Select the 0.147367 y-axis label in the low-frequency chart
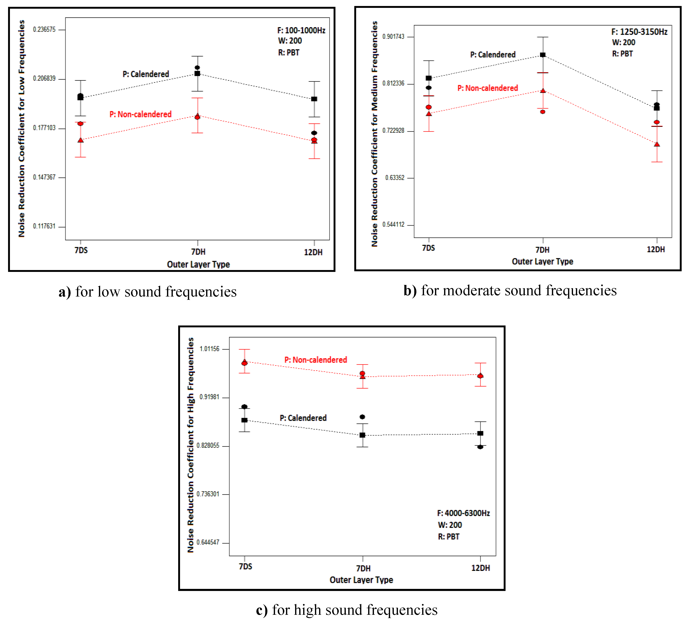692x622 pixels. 44,177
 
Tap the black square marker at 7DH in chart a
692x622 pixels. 197,73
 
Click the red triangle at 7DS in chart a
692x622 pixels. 81,140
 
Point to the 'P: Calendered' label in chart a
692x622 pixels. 146,74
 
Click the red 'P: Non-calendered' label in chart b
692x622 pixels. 488,88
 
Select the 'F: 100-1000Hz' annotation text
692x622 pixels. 301,30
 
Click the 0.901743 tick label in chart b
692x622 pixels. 393,37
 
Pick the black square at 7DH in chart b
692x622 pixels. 543,55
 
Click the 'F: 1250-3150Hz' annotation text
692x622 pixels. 639,32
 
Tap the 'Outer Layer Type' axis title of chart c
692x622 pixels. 361,580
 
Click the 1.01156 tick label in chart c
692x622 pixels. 209,349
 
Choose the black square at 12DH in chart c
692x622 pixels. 480,433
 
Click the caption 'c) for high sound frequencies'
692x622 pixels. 346,610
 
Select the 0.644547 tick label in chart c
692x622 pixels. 208,542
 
